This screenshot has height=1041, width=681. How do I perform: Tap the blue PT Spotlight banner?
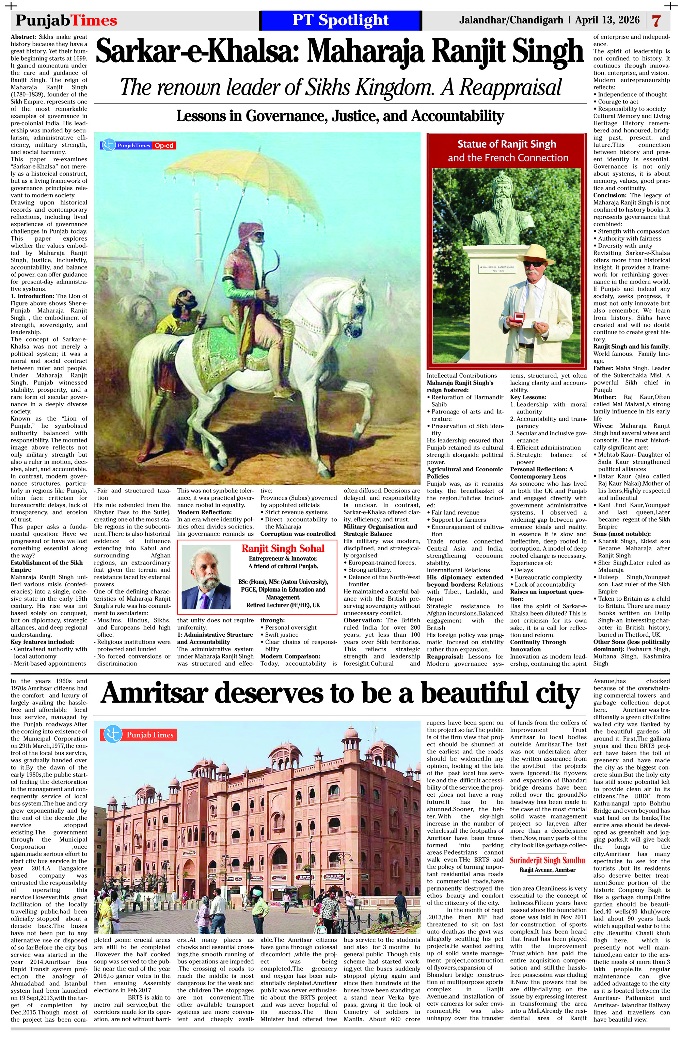point(340,20)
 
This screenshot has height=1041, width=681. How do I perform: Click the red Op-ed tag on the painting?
point(164,146)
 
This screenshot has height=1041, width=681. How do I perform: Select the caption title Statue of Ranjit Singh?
point(506,144)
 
